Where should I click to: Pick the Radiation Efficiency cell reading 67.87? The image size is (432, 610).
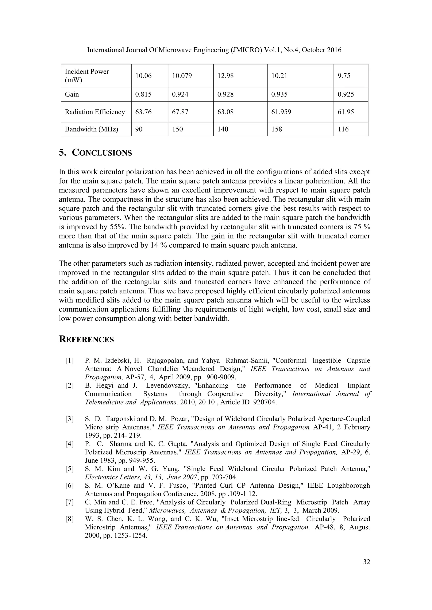(180, 112)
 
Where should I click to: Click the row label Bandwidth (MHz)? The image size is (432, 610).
(91, 129)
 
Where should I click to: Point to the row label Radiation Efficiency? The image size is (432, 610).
(95, 112)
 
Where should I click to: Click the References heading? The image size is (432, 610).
(86, 340)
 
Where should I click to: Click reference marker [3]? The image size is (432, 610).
(69, 419)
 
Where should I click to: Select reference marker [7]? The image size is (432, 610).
(69, 502)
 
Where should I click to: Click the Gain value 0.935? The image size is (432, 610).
(279, 94)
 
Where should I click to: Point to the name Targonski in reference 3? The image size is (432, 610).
(121, 419)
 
